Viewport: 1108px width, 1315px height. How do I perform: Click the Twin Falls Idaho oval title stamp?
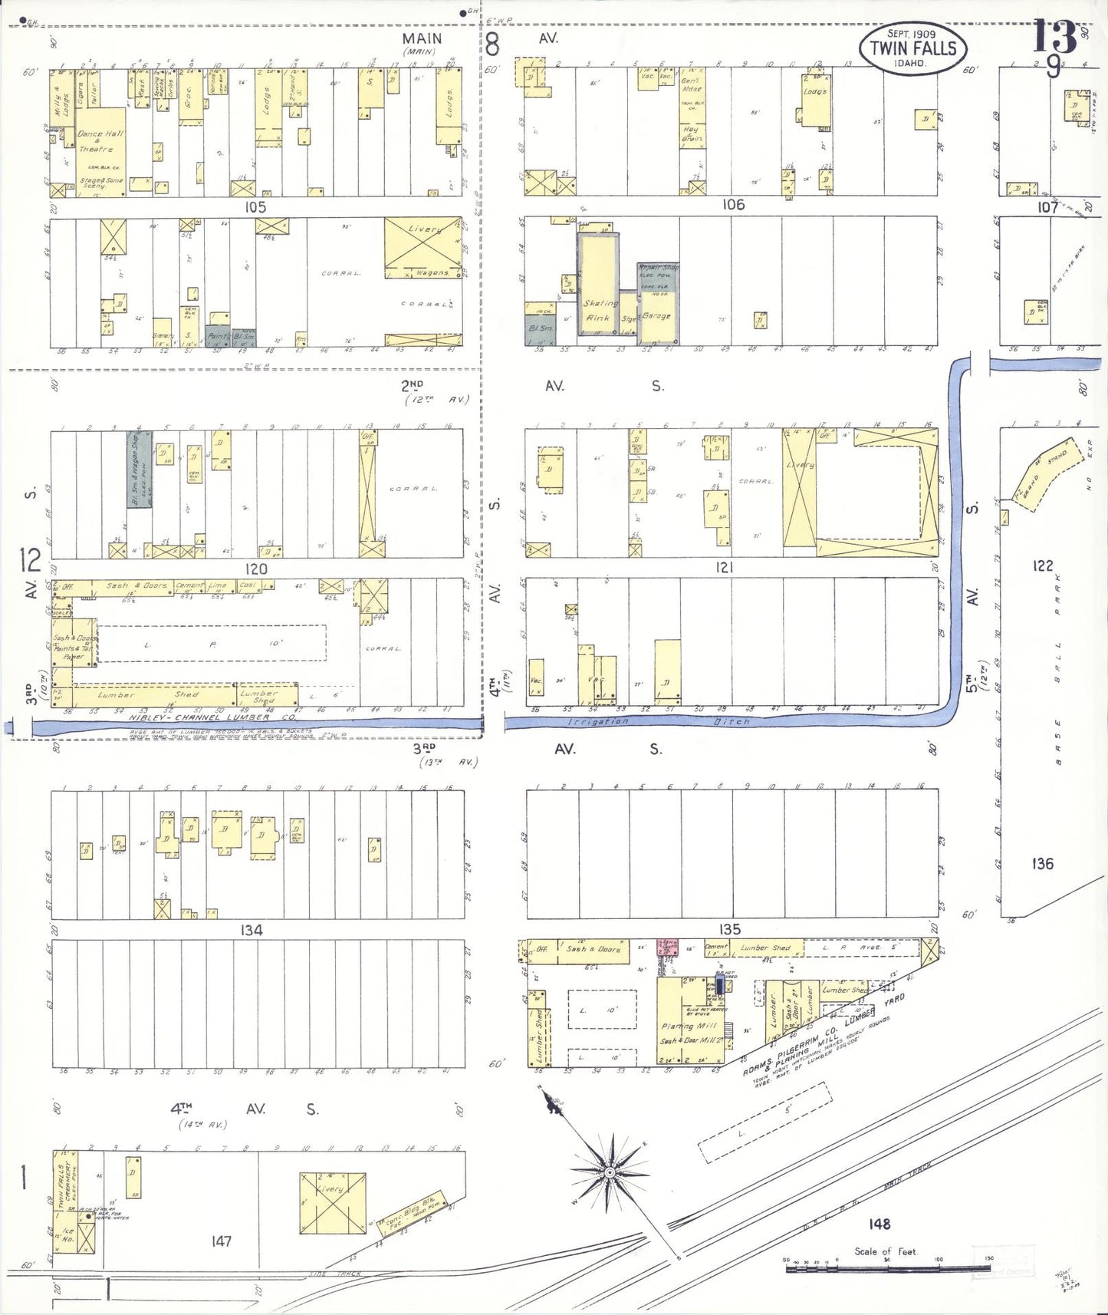tap(912, 48)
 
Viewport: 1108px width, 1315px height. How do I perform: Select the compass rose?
tap(610, 1173)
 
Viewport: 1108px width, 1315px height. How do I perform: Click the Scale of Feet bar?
tap(887, 1268)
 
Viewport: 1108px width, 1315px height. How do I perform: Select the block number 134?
tap(252, 930)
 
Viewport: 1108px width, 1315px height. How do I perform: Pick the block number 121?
tap(724, 567)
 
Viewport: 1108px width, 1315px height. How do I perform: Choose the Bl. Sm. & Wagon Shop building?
tap(139, 468)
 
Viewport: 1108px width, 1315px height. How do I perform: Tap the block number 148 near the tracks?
tap(879, 1224)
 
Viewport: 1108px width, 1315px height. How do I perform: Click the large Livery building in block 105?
tap(423, 247)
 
